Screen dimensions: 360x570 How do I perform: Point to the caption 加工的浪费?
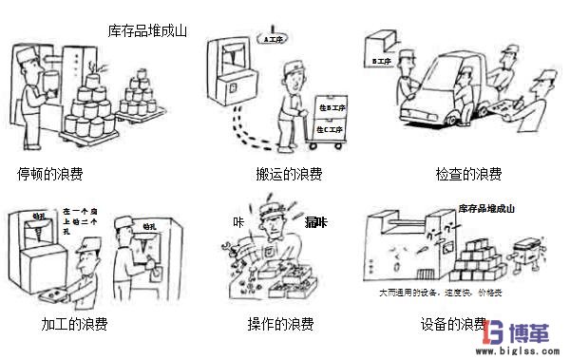[73, 325]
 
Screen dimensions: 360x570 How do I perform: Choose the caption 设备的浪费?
[453, 325]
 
